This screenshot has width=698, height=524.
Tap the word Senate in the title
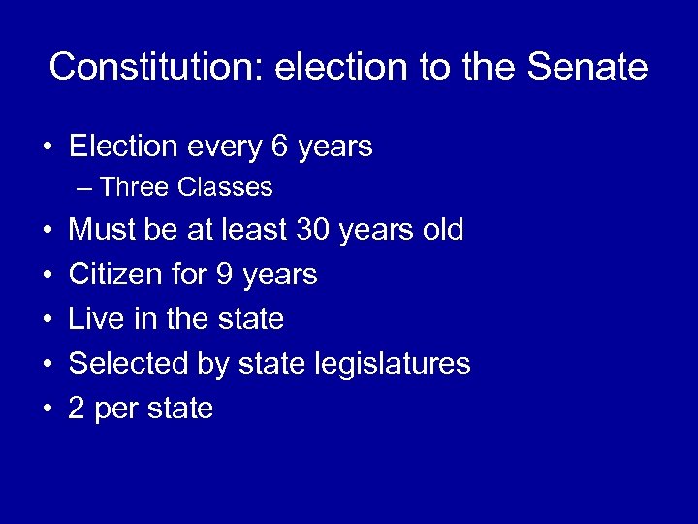point(587,67)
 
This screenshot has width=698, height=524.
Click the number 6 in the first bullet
point(279,147)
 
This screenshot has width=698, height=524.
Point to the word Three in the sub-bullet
point(133,186)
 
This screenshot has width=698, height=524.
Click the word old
point(441,230)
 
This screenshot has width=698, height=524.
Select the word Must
point(101,230)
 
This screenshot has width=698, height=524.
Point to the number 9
point(224,275)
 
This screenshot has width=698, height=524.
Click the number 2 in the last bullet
point(77,409)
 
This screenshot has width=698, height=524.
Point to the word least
point(255,230)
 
